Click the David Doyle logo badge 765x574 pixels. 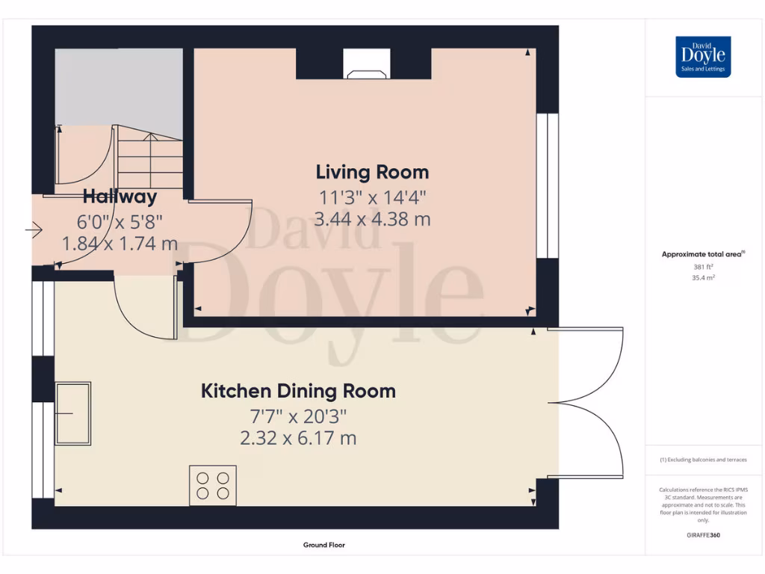point(703,57)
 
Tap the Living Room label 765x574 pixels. point(372,173)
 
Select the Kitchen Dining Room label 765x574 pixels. point(298,391)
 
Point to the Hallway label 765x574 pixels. point(120,197)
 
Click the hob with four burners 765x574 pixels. point(213,485)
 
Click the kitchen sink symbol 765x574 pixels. point(73,413)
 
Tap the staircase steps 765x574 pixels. point(150,159)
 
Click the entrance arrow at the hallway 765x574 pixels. point(34,231)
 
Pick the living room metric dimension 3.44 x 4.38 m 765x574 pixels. point(372,220)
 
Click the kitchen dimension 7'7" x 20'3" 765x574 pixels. point(298,416)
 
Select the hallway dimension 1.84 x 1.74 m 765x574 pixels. point(120,244)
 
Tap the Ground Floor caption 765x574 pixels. point(323,546)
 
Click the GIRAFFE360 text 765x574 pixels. point(702,535)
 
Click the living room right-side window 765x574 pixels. point(552,185)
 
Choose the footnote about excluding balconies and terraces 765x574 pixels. point(702,460)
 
